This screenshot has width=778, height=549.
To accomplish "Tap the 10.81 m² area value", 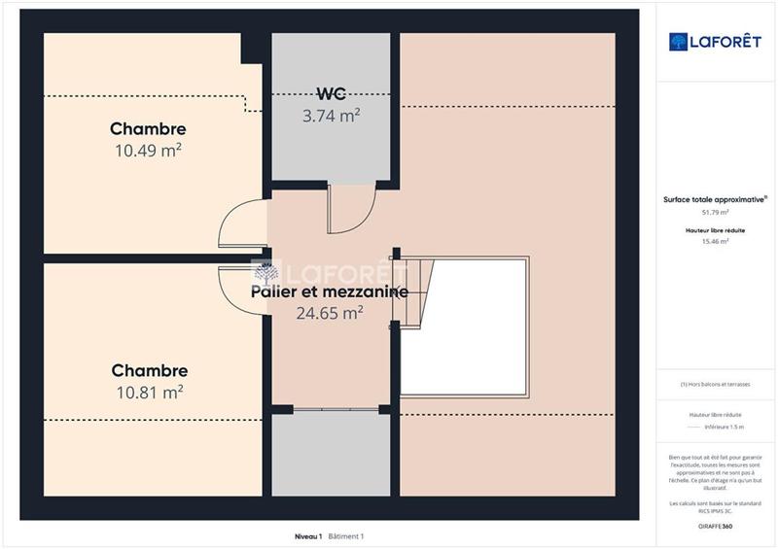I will click(x=149, y=392).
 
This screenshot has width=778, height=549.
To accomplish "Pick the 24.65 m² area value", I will click(x=330, y=313).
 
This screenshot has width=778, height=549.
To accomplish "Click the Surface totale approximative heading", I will click(x=715, y=199).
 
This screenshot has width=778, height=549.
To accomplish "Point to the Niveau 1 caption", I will click(x=308, y=536).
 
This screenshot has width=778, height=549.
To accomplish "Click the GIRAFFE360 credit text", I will click(x=715, y=526).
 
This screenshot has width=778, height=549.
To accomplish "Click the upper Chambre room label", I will click(x=148, y=129).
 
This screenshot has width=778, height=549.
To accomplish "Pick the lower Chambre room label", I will click(x=149, y=371).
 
